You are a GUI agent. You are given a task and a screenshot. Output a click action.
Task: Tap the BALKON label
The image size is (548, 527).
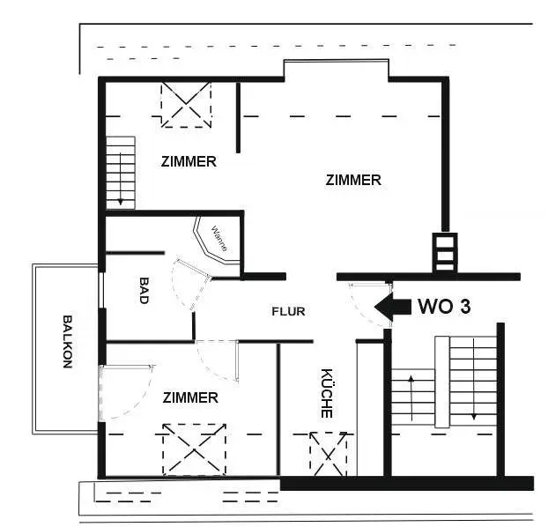click(x=67, y=343)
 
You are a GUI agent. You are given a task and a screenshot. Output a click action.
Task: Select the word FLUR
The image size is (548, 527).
click(x=288, y=311)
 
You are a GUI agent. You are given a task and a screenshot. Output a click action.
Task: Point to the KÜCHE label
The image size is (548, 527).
click(x=326, y=393)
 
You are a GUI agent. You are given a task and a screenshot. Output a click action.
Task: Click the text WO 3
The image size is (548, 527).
click(x=444, y=307)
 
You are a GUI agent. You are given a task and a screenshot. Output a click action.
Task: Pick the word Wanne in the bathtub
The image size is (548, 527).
click(x=219, y=239)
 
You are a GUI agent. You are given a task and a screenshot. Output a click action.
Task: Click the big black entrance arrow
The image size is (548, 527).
click(x=393, y=307)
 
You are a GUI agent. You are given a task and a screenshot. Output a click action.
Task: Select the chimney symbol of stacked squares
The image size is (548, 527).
click(x=444, y=252)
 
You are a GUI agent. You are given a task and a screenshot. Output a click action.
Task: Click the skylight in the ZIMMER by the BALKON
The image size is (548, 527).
click(x=194, y=448)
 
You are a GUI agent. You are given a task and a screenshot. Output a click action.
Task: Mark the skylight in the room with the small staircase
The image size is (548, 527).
click(x=186, y=104)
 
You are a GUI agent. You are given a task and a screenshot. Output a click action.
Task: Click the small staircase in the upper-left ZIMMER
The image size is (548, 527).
click(x=121, y=172)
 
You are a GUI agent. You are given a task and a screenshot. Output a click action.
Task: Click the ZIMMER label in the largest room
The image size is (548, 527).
click(x=353, y=180)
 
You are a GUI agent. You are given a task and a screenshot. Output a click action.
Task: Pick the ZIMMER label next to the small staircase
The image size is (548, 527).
click(x=189, y=162)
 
